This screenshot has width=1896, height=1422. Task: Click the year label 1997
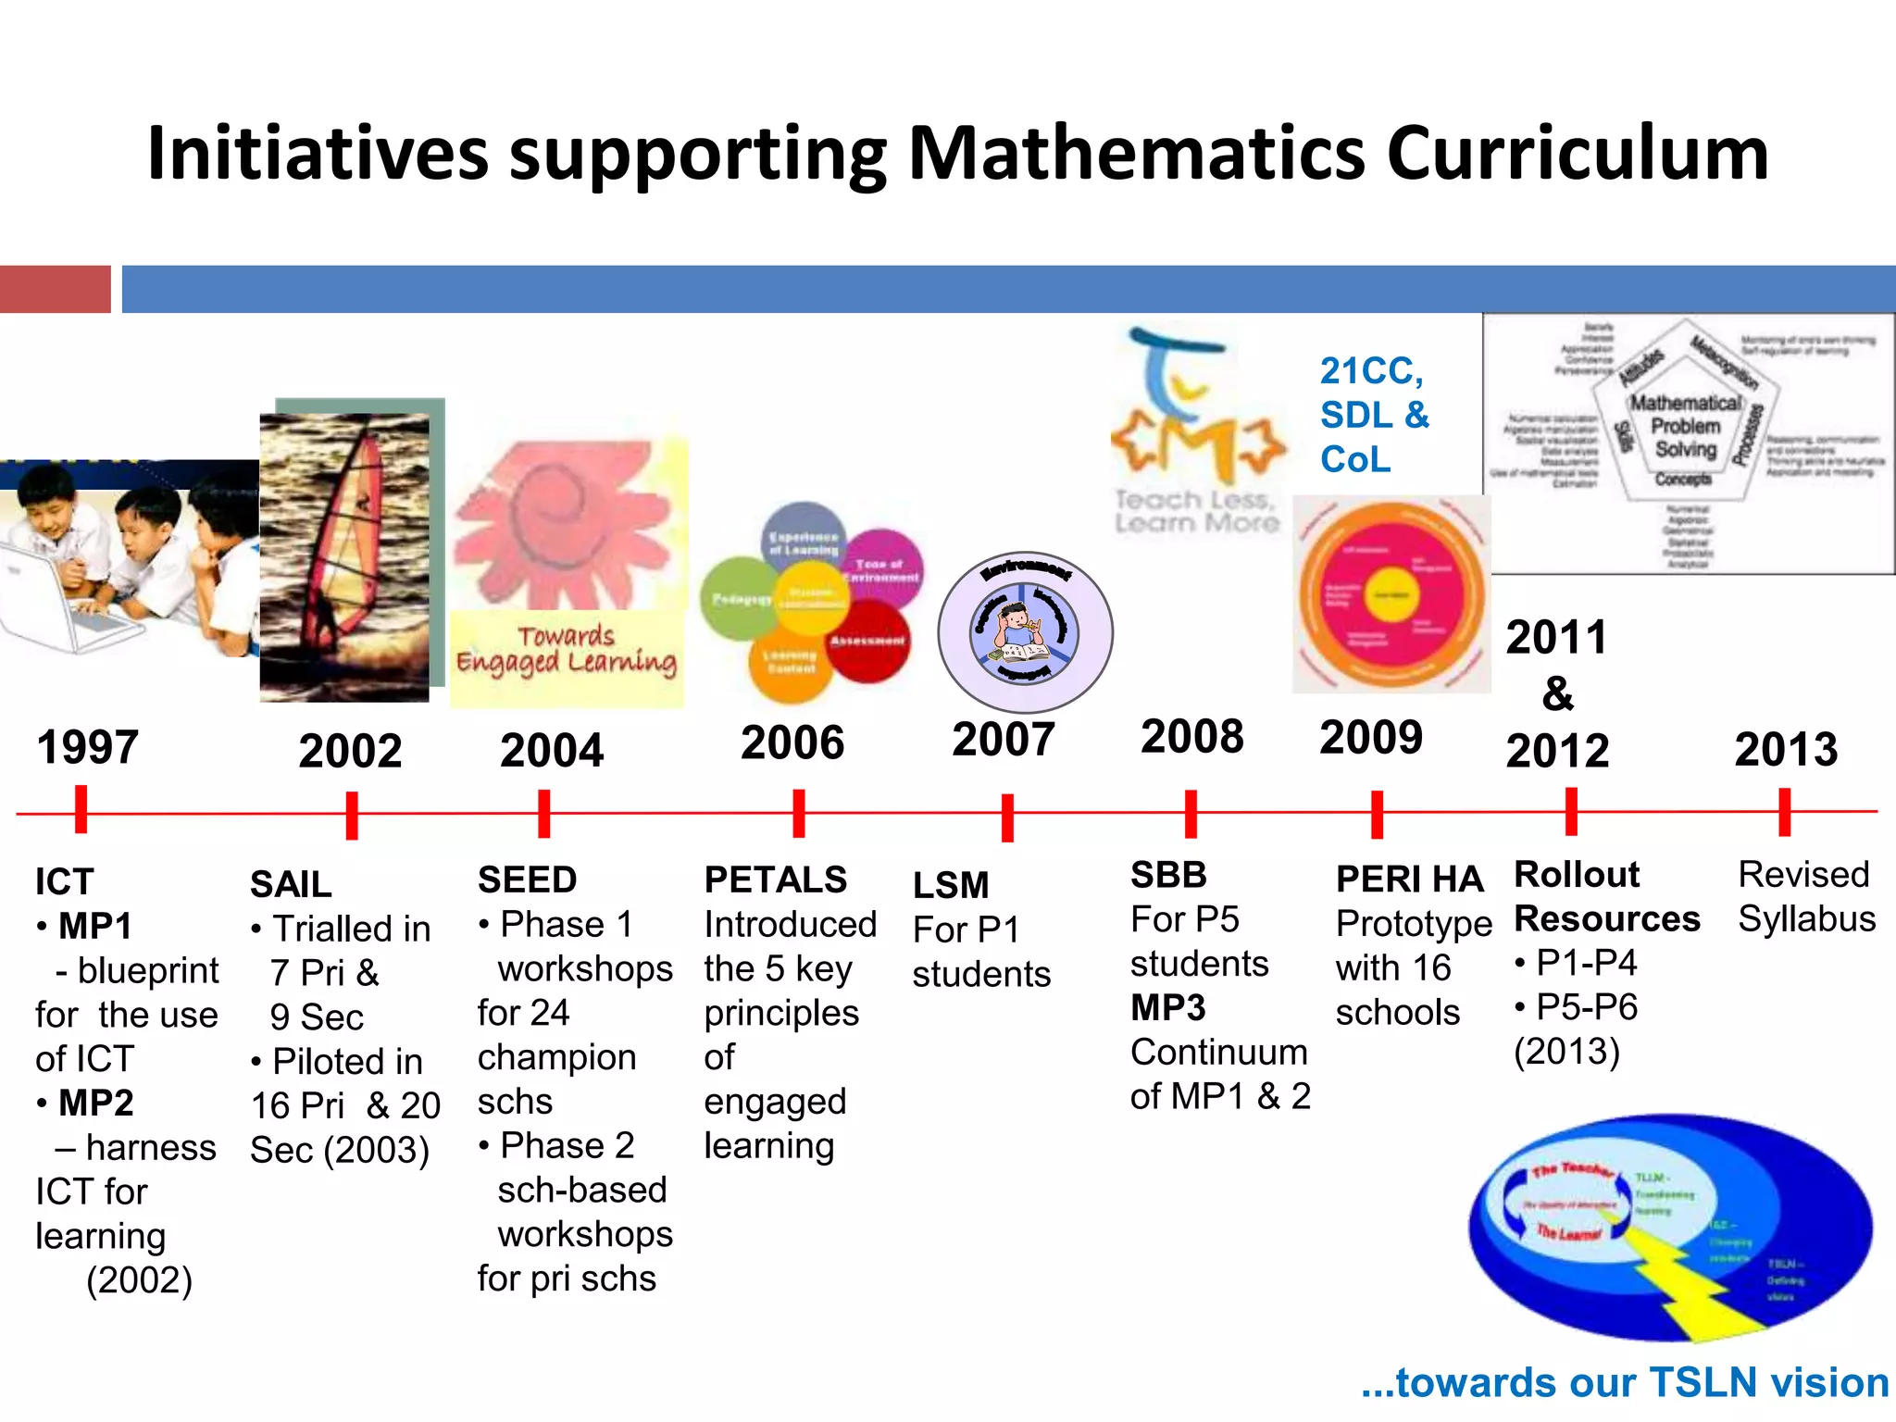coord(88,747)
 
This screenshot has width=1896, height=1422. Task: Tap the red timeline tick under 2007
coord(1007,817)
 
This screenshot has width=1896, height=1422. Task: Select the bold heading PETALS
coord(775,879)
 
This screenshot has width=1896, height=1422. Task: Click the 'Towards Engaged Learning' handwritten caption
coord(567,650)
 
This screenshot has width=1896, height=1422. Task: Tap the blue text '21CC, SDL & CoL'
coord(1373,415)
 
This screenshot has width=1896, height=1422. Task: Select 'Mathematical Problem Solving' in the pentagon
coord(1686,426)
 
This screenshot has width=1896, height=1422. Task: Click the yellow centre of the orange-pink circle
coord(1391,594)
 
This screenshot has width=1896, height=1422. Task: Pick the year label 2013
coord(1786,749)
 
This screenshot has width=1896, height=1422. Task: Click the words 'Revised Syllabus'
coord(1806,896)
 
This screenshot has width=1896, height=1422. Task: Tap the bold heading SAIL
coord(291,884)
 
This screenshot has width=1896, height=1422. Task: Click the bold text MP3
coord(1168,1007)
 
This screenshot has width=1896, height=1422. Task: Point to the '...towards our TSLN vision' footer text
coord(1625,1382)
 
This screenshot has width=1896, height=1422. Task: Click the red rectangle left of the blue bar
coord(55,289)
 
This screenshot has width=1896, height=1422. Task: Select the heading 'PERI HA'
coord(1409,879)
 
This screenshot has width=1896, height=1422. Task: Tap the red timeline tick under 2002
coord(352,815)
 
